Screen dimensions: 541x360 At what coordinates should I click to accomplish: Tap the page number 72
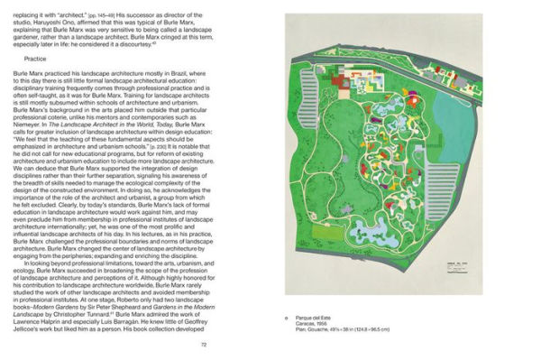pos(203,344)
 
